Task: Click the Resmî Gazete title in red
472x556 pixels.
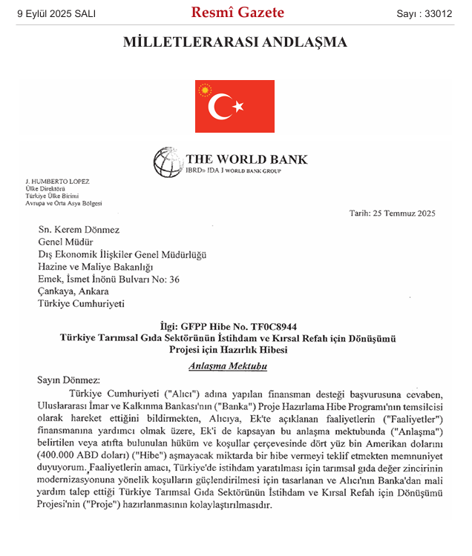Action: click(237, 13)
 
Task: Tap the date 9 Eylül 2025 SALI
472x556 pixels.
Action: click(56, 14)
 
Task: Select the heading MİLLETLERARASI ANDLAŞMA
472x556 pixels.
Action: click(235, 42)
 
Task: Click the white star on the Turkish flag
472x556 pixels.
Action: click(238, 107)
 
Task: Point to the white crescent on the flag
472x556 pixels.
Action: click(220, 107)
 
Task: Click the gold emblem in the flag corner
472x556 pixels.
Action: click(204, 90)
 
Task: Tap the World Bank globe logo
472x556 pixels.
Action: click(167, 162)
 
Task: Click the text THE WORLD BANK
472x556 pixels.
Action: click(246, 159)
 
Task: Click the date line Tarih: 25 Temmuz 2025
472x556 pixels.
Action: click(393, 214)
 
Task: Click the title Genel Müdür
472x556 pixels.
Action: click(65, 242)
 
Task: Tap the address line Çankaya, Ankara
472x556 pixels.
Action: click(75, 291)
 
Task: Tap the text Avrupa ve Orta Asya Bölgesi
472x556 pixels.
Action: click(64, 204)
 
